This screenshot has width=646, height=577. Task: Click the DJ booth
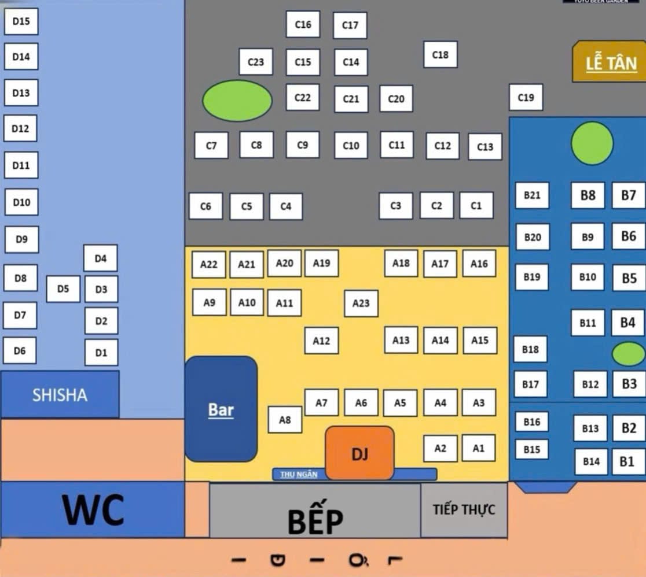coord(359,453)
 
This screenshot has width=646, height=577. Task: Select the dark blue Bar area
coord(221,409)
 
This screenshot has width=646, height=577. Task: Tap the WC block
coord(93,509)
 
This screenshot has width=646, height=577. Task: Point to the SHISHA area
coord(60,395)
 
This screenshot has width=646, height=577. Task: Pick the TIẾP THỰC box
coord(464,510)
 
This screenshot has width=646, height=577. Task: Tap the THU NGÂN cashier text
coord(299,475)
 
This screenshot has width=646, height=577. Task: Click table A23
coord(361,303)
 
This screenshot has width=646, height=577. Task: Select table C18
coord(441,54)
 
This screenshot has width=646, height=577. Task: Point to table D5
coord(63,288)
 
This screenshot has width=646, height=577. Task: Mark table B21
coord(532,195)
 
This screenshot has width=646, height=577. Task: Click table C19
coord(526,97)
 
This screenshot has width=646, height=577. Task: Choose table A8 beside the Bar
coord(285,420)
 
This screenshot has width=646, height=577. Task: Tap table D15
coord(21,22)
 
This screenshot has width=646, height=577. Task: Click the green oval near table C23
coord(237,101)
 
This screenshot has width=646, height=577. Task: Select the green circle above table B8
coord(592,143)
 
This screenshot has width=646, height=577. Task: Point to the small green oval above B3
coord(628,354)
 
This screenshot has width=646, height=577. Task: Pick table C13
coord(485,147)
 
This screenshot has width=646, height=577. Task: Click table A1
coord(478,448)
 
